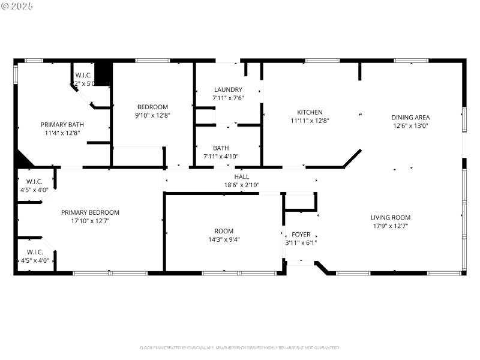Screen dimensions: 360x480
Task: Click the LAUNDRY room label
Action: click(x=227, y=90)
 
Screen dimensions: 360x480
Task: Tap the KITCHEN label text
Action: click(x=310, y=112)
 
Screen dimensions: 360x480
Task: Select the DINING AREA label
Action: click(x=410, y=118)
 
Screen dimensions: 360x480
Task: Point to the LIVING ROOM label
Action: click(x=390, y=218)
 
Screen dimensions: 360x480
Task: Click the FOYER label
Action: click(x=301, y=235)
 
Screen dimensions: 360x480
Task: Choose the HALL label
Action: click(x=241, y=177)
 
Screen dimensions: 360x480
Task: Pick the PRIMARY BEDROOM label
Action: click(x=90, y=212)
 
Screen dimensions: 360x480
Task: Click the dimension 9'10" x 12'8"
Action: click(x=152, y=115)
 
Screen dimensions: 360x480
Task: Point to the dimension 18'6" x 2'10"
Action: click(x=241, y=185)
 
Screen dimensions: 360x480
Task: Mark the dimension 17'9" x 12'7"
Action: click(x=390, y=226)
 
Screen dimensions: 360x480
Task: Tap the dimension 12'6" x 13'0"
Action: click(x=410, y=126)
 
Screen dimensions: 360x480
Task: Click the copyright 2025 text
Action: click(x=17, y=6)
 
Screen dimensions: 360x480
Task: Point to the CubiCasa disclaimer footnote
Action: click(x=240, y=347)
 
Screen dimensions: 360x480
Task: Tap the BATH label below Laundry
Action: click(x=220, y=148)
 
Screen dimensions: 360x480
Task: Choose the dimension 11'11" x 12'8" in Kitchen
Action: click(x=310, y=121)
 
